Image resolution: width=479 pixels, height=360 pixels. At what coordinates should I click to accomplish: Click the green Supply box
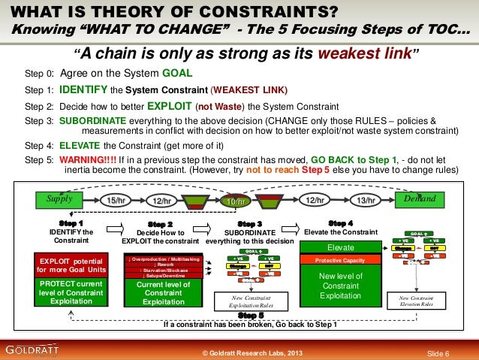59,200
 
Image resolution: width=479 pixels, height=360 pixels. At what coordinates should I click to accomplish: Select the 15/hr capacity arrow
116,201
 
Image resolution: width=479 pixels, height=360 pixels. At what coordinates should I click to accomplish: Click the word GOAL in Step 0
177,74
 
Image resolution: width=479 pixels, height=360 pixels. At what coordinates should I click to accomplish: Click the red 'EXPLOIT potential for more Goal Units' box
65,264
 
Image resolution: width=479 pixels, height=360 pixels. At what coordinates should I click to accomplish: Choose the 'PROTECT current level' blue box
65,290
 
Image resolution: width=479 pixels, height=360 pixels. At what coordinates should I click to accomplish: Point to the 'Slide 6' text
438,353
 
